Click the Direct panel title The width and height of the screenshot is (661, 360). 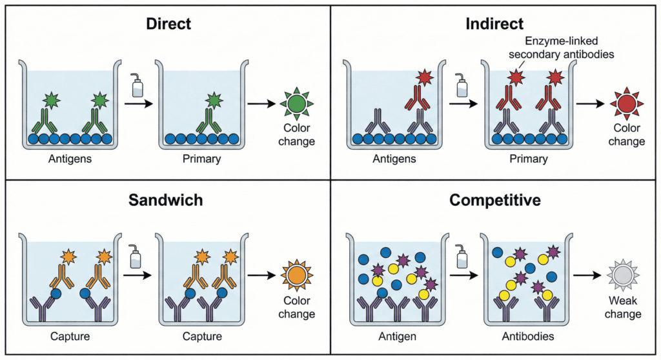(168, 25)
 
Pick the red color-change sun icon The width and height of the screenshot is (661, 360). (625, 103)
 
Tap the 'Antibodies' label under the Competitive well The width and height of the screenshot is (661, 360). (527, 336)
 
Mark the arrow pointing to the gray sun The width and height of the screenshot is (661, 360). (589, 275)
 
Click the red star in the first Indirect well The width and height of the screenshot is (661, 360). (425, 78)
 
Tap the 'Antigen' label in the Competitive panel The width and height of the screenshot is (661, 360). (396, 336)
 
